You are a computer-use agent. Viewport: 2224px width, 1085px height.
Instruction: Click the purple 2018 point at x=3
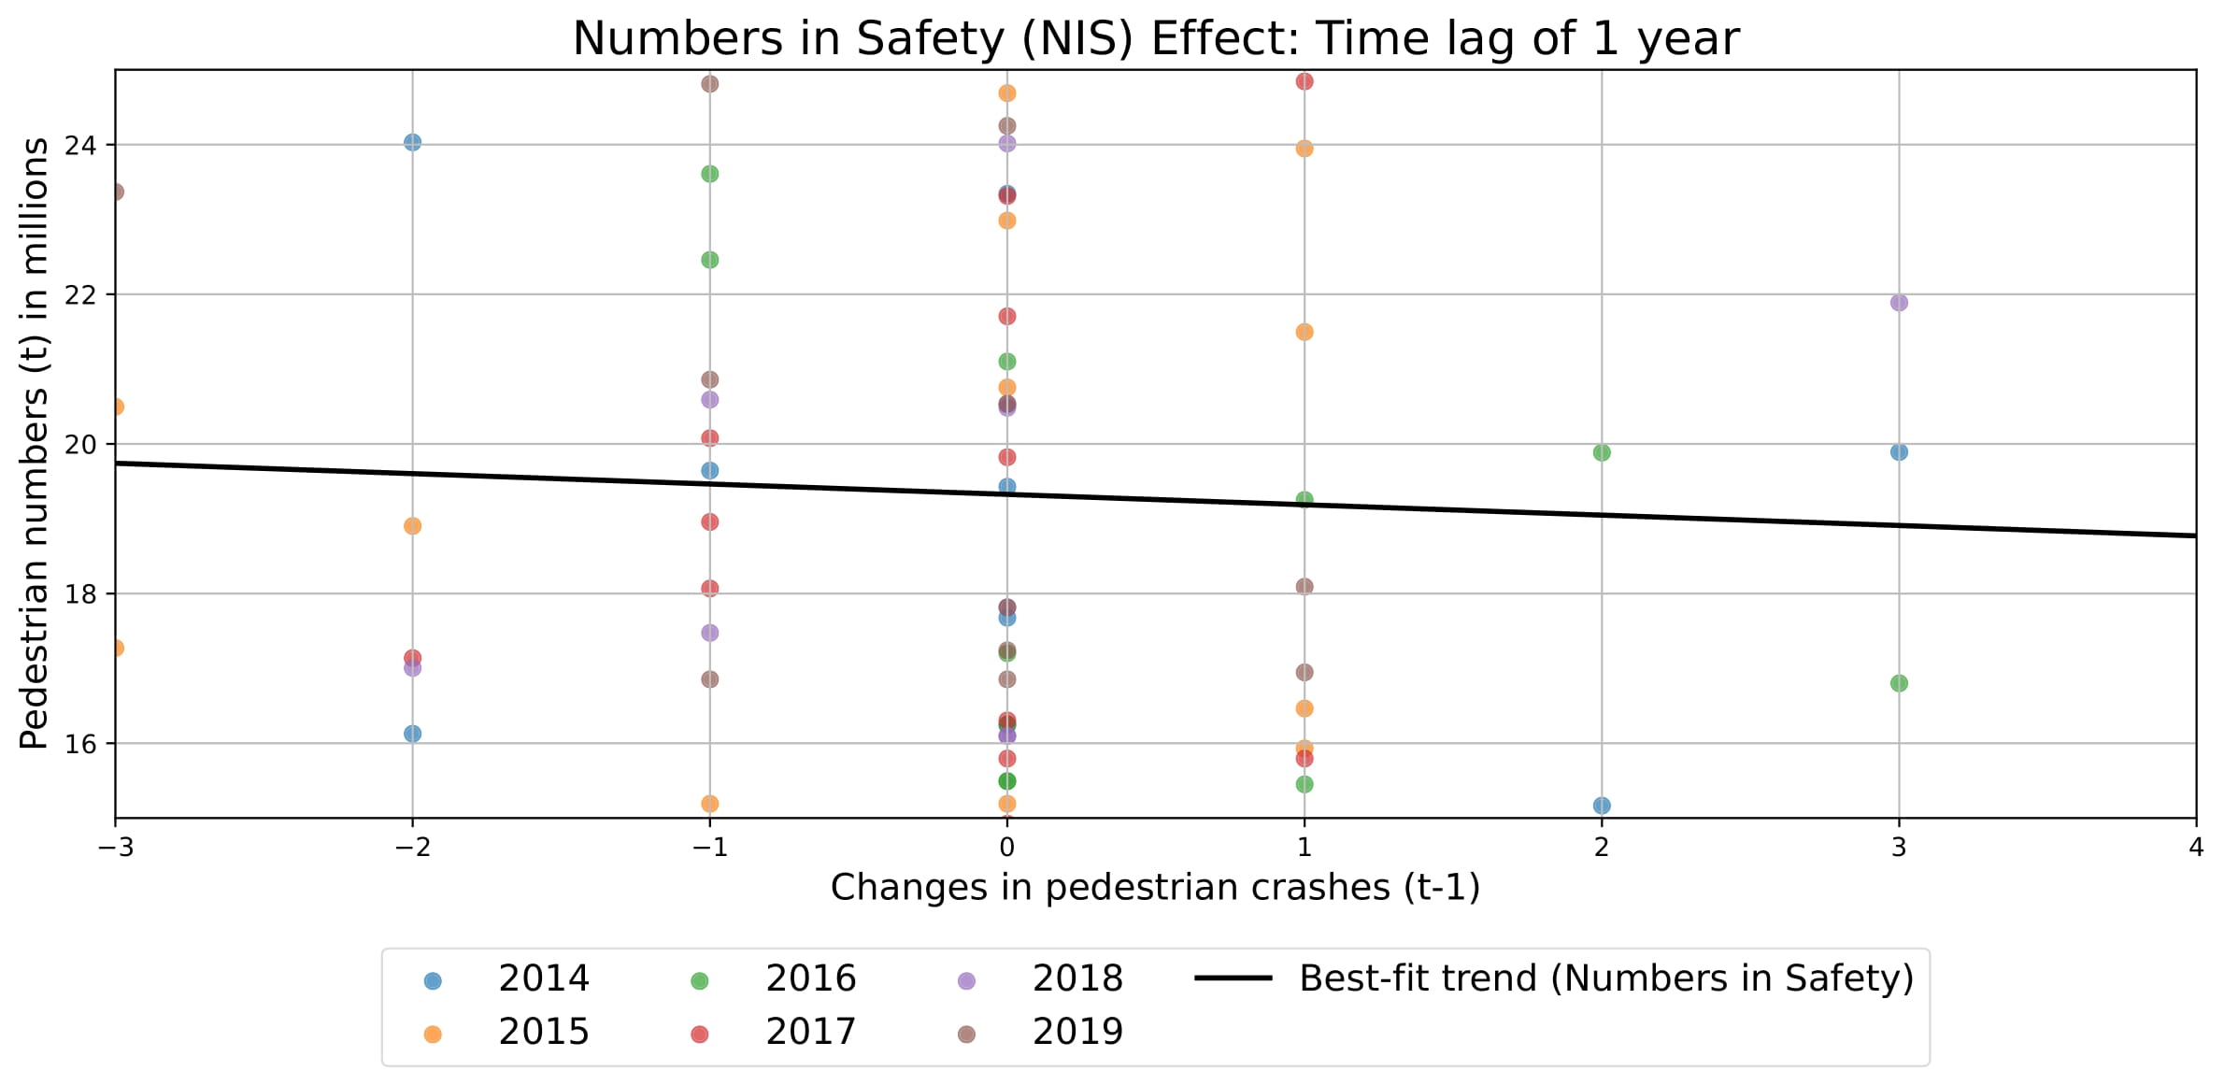click(1898, 303)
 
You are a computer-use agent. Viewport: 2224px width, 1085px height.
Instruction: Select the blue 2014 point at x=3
click(1898, 452)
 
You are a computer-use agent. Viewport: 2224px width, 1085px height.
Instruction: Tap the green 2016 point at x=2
click(1601, 453)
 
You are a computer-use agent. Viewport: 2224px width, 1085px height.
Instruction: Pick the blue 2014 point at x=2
click(1601, 806)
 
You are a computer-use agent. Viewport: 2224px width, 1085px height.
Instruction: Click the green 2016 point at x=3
click(1898, 684)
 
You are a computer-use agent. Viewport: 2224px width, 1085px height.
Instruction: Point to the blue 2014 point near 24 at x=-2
click(412, 142)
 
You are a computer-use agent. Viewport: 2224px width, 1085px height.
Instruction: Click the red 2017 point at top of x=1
click(1304, 81)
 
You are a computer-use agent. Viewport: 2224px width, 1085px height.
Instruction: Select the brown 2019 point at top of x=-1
click(709, 84)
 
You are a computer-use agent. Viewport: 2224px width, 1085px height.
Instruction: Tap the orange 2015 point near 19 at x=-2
click(412, 526)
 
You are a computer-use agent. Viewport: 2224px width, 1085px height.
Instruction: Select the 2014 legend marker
click(433, 981)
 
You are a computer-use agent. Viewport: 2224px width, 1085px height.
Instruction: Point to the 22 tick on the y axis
click(80, 295)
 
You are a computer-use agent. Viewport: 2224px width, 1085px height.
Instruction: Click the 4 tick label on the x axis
click(2195, 848)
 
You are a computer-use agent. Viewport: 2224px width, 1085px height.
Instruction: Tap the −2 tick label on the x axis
click(412, 848)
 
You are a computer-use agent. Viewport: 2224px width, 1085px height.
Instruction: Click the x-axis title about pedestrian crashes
click(1155, 888)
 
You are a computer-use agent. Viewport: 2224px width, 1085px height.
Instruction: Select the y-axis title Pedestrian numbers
click(35, 444)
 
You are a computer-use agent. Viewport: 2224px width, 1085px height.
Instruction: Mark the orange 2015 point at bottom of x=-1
click(709, 804)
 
